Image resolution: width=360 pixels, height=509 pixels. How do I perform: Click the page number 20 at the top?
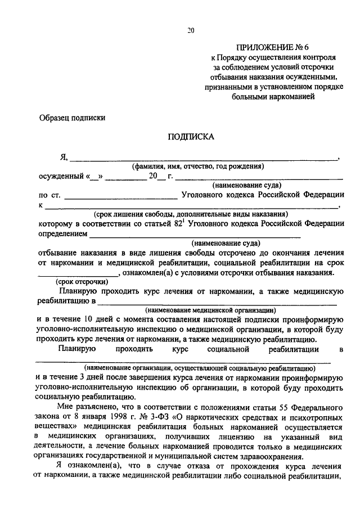(191, 31)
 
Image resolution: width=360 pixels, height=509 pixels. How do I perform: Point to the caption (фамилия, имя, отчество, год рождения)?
(198, 166)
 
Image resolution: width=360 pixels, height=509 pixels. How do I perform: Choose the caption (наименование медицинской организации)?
(210, 310)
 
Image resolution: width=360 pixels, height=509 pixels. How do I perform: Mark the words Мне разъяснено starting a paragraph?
(87, 406)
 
